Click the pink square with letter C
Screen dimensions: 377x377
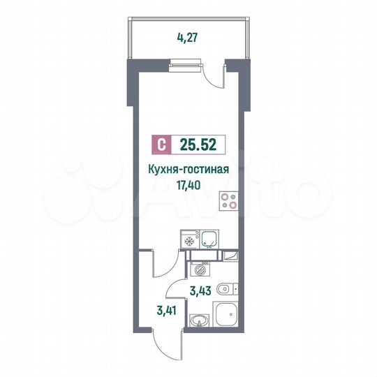(161, 146)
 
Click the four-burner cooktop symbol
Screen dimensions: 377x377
(228, 201)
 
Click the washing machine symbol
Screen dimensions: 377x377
(200, 269)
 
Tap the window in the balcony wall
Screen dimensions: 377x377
(186, 66)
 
